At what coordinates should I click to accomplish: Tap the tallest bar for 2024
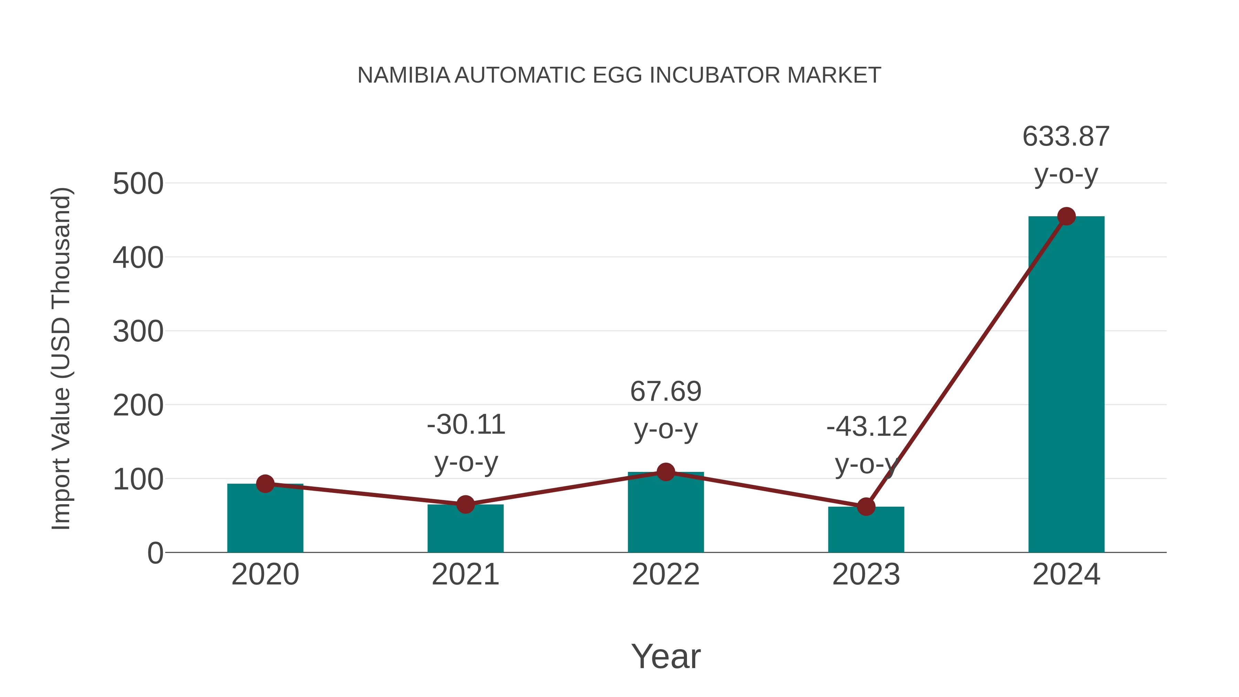[1066, 385]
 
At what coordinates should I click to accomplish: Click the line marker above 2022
[666, 472]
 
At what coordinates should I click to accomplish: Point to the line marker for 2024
[1066, 217]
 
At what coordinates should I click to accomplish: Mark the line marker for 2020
[265, 484]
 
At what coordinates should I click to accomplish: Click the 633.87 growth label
[1066, 137]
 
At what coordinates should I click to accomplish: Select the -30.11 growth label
[466, 425]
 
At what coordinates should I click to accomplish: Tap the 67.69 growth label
[666, 392]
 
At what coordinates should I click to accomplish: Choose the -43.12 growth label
[866, 427]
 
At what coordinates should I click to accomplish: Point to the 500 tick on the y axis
[138, 184]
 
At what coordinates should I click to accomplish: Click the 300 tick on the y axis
[138, 332]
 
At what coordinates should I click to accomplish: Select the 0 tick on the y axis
[155, 553]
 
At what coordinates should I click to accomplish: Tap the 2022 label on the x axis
[666, 574]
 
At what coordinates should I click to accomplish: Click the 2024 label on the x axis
[1066, 574]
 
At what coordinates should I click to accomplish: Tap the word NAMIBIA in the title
[404, 75]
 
